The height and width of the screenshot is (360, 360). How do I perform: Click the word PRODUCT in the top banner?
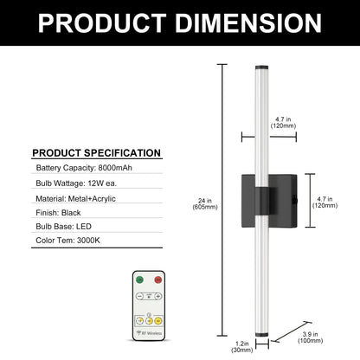(102, 23)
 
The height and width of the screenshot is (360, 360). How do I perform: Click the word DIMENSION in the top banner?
(248, 23)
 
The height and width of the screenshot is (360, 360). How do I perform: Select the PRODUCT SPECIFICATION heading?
(97, 153)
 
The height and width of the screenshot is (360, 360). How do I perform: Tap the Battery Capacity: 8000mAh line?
(84, 168)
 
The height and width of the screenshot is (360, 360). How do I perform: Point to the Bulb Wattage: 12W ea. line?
(76, 183)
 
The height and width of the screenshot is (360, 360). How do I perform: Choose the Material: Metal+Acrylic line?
(75, 199)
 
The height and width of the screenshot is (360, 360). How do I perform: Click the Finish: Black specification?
(58, 213)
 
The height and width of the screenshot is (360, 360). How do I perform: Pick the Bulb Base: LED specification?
(63, 227)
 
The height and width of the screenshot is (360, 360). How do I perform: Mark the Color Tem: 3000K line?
(67, 241)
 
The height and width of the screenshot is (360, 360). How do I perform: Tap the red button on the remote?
(158, 280)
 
